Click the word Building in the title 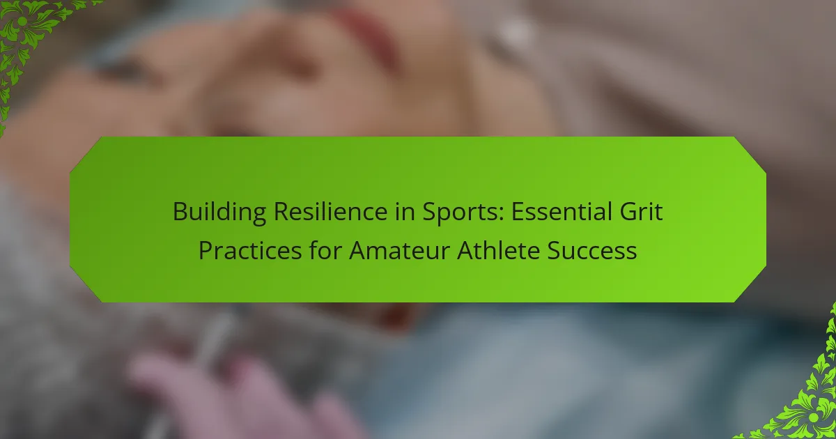coord(219,212)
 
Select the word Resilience coord(331,211)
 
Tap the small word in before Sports coord(405,211)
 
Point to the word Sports coord(462,213)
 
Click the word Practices coord(250,250)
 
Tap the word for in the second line coord(325,250)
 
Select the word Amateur coord(399,250)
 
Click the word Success coord(592,250)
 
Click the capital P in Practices coord(206,251)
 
